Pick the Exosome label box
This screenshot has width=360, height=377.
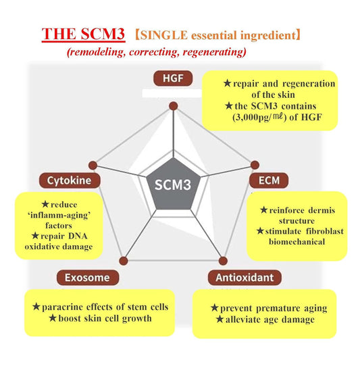click(x=88, y=276)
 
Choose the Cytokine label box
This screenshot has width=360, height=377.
click(x=74, y=180)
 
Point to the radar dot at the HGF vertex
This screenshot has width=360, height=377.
click(x=173, y=105)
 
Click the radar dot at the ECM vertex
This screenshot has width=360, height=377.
click(x=255, y=164)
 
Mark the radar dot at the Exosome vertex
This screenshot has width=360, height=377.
click(x=123, y=259)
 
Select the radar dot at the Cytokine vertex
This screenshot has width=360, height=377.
click(x=94, y=164)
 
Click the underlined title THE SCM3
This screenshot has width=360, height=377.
click(x=83, y=34)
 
